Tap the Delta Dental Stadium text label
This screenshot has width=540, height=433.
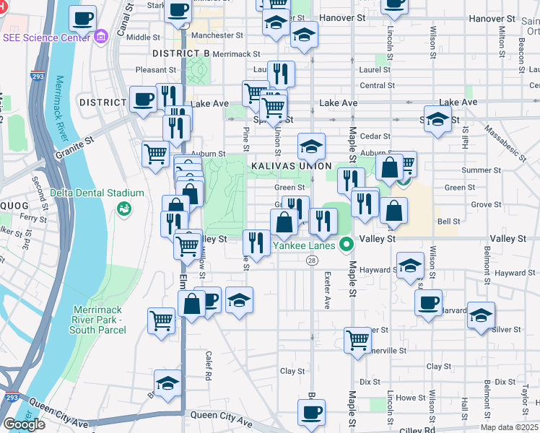[x=97, y=193]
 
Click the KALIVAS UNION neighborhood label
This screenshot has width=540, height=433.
[x=291, y=166]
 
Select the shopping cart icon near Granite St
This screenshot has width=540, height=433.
[x=157, y=154]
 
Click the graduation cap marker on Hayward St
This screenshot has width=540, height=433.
[x=410, y=265]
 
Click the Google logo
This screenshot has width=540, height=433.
[x=24, y=424]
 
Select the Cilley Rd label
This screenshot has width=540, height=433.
[x=420, y=429]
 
